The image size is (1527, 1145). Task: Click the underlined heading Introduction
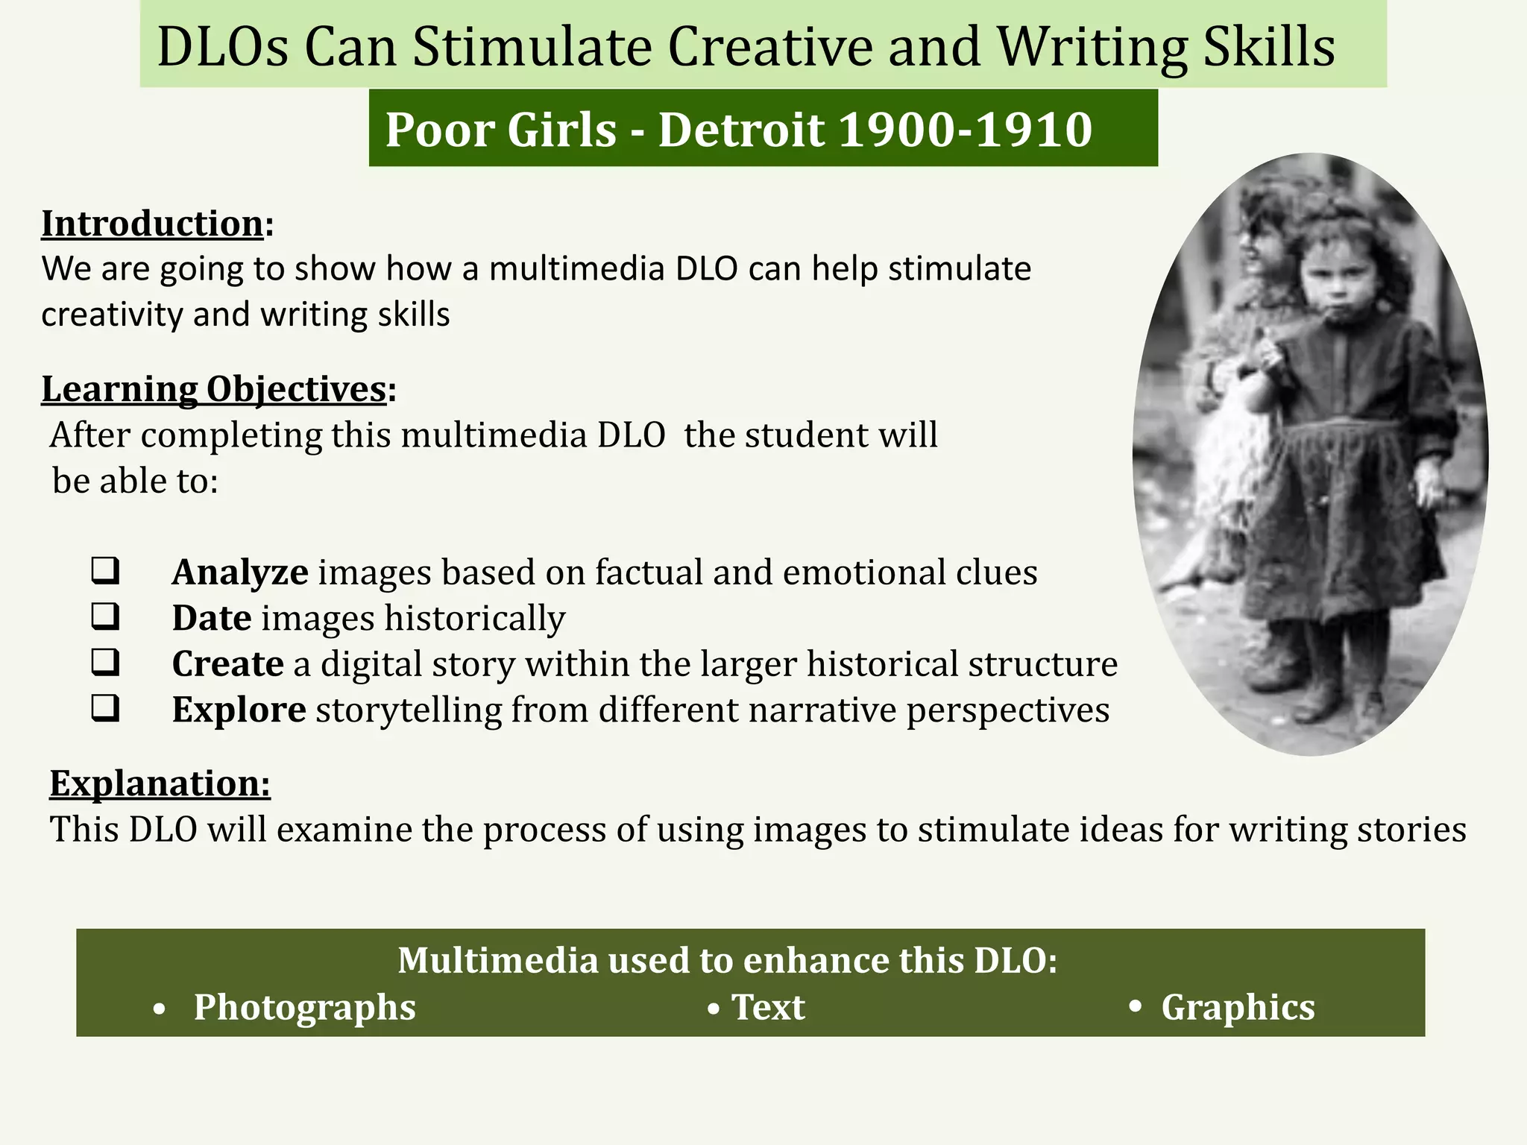[152, 224]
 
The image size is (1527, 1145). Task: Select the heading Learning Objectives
[214, 389]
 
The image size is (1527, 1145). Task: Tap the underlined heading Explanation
[160, 783]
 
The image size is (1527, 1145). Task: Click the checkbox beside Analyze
[105, 571]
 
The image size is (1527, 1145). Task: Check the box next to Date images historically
[105, 616]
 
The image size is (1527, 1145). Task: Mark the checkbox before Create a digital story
[105, 662]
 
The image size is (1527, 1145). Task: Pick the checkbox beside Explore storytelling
[105, 708]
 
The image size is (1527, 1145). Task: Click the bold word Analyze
[240, 572]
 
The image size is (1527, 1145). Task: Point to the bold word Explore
[239, 710]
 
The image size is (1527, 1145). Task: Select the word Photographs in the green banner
[304, 1008]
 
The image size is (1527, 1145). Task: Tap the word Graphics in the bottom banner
[1238, 1008]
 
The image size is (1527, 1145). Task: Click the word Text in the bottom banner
[768, 1008]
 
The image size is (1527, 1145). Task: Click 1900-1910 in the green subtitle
[966, 130]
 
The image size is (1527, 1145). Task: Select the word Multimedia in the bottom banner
[497, 960]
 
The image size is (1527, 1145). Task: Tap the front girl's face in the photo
[1340, 281]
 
